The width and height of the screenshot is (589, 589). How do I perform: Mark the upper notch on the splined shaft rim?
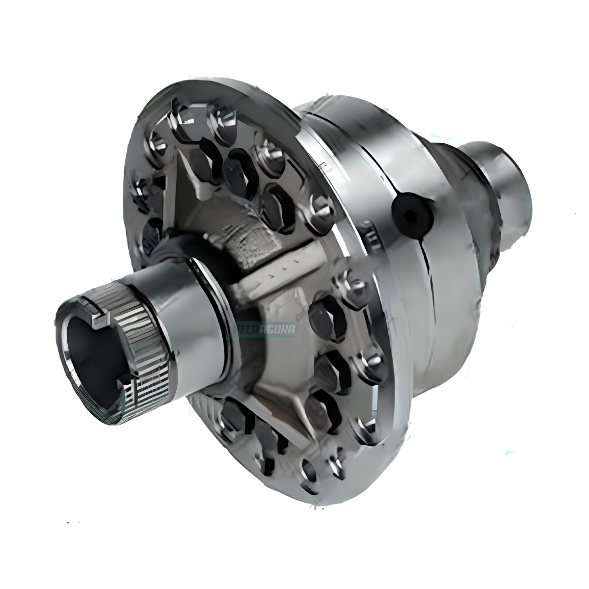[98, 320]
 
